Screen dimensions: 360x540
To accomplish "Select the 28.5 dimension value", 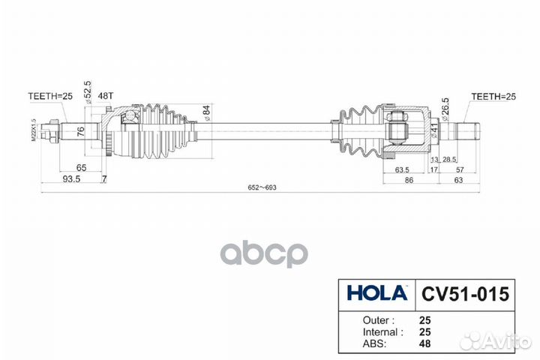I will pos(450,160).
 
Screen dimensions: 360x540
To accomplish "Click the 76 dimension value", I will pos(79,133).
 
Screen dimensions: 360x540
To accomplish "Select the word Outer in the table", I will pos(363,319).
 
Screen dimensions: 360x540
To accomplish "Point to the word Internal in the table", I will pos(367,331).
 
